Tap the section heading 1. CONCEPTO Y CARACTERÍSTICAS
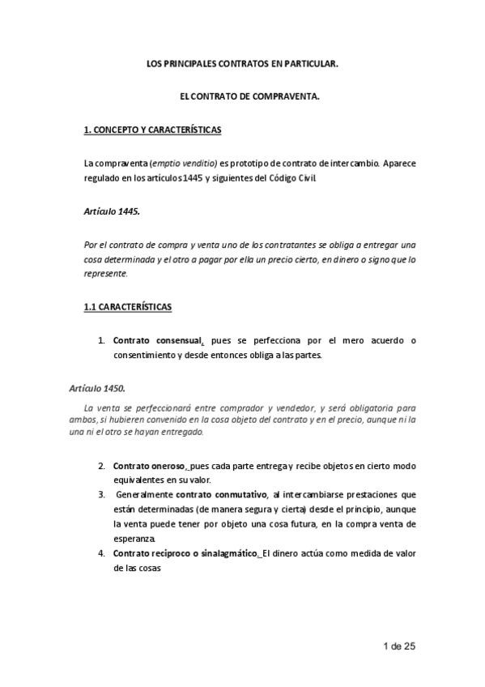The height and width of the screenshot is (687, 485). [x=153, y=130]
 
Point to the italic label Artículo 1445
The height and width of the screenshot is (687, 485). [x=112, y=210]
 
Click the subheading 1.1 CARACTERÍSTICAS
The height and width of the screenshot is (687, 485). [x=127, y=308]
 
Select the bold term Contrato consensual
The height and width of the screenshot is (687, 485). [x=158, y=341]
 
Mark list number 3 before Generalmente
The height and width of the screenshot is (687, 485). [x=101, y=494]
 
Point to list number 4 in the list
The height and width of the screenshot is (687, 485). [x=101, y=553]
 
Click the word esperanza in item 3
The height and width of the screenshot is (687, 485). [x=134, y=538]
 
